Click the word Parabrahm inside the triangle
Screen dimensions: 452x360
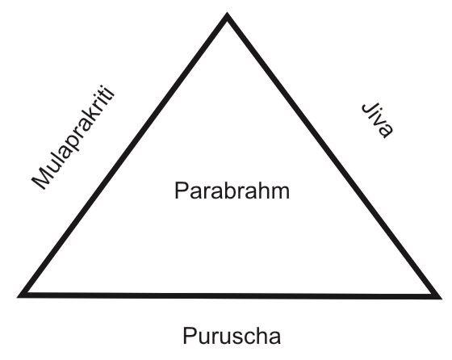[x=232, y=190]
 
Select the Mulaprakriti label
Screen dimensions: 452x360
[x=73, y=137]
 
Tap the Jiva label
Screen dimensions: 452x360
[x=378, y=120]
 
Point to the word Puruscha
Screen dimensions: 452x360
[x=232, y=335]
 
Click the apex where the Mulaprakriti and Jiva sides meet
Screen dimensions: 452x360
[x=227, y=15]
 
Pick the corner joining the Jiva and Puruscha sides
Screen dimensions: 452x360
[x=439, y=297]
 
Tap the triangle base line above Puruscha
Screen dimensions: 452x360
[x=230, y=295]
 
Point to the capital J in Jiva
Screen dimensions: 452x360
[x=368, y=108]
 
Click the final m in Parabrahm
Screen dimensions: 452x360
[x=281, y=193]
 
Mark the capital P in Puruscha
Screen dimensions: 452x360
[x=190, y=335]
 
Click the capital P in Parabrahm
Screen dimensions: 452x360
[x=181, y=190]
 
